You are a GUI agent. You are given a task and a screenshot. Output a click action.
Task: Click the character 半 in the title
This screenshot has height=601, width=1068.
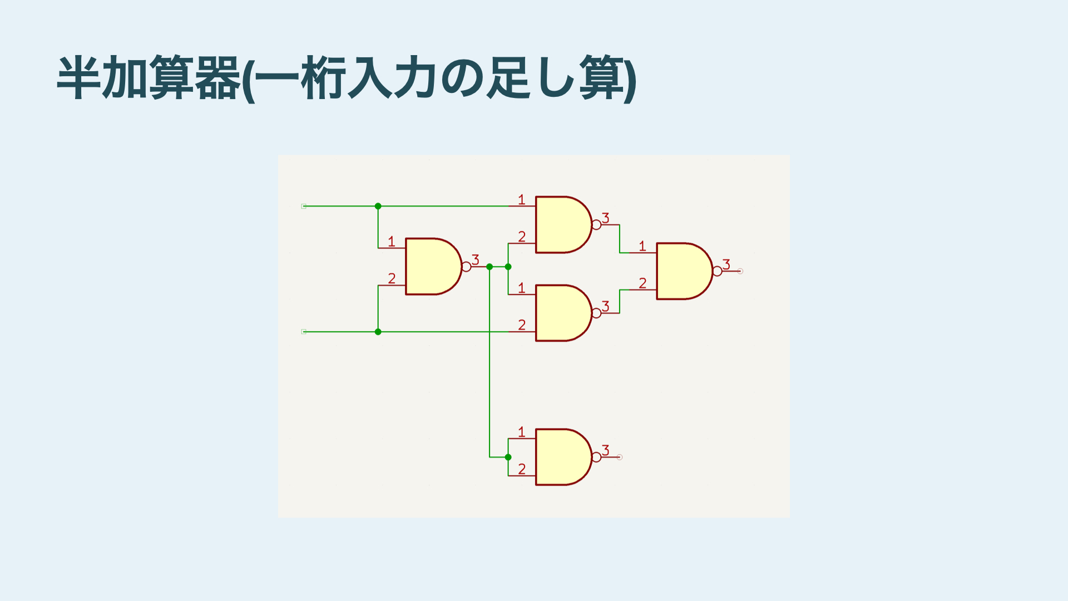[79, 78]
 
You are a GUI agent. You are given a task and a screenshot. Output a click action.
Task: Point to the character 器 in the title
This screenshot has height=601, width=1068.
[217, 78]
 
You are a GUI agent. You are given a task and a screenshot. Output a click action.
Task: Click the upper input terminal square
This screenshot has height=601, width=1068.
[304, 206]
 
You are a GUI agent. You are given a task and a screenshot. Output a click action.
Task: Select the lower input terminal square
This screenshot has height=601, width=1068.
[304, 332]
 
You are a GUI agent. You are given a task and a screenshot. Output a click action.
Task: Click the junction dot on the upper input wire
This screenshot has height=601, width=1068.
[378, 206]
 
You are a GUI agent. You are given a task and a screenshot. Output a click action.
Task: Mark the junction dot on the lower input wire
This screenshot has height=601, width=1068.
[378, 332]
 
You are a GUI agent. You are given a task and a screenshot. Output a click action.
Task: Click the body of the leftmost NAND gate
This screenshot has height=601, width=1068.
[431, 267]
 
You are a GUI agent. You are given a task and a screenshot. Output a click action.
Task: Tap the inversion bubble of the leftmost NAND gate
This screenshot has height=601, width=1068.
[467, 267]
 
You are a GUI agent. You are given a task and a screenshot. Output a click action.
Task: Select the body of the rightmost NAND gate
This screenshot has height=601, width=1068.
[682, 271]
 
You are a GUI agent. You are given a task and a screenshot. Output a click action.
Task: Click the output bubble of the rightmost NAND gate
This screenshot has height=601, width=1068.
[718, 271]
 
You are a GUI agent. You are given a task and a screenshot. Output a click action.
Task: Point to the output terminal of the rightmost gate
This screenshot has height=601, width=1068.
[740, 271]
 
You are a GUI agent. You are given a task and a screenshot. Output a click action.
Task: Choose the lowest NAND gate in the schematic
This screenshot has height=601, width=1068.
[561, 457]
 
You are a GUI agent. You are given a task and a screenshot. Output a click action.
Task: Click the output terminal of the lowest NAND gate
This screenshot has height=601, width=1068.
[620, 457]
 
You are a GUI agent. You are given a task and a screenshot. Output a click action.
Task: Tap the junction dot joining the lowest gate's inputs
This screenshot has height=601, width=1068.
[508, 457]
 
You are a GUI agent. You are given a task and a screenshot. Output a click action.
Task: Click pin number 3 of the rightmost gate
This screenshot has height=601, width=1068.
[726, 264]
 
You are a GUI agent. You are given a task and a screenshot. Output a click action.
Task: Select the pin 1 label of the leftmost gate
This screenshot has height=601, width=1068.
[392, 242]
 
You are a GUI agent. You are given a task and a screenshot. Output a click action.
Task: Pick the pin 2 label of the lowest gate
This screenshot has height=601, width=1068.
[522, 469]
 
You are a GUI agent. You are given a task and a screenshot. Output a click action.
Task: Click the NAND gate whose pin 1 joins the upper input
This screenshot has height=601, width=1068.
[561, 225]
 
